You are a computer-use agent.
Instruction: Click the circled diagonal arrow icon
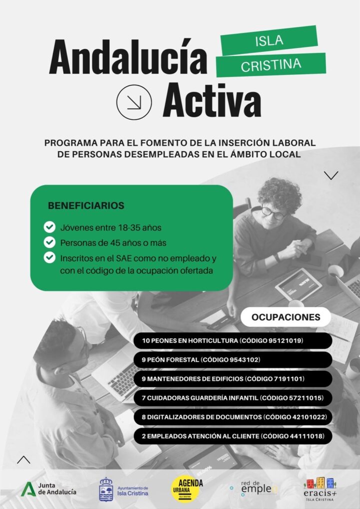click(x=133, y=102)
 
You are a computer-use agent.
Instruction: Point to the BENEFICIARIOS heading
click(x=86, y=206)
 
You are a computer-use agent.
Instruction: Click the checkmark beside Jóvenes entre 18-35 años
click(x=49, y=228)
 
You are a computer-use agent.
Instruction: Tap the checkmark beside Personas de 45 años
click(x=49, y=243)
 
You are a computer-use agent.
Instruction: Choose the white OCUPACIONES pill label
click(x=286, y=317)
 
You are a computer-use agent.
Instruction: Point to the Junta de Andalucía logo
click(x=49, y=489)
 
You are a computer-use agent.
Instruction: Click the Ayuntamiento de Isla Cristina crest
click(x=106, y=489)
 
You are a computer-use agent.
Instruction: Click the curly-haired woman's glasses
click(x=274, y=212)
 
